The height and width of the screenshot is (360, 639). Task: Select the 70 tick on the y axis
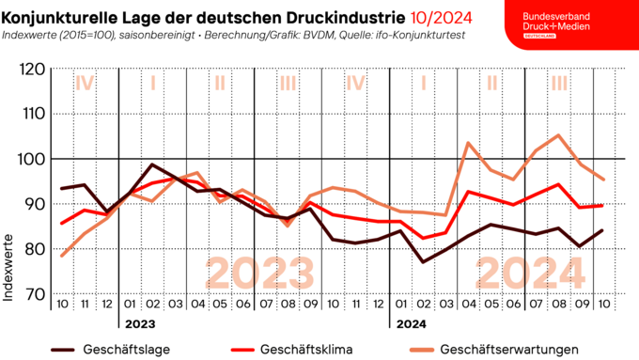[x=33, y=294]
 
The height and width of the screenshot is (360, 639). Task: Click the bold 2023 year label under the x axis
[x=139, y=324]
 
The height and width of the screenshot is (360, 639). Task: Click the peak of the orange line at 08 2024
[x=559, y=135]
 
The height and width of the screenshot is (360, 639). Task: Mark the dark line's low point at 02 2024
[x=424, y=261]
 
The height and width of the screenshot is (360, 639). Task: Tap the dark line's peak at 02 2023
[x=153, y=164]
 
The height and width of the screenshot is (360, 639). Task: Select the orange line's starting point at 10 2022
[x=62, y=256]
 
